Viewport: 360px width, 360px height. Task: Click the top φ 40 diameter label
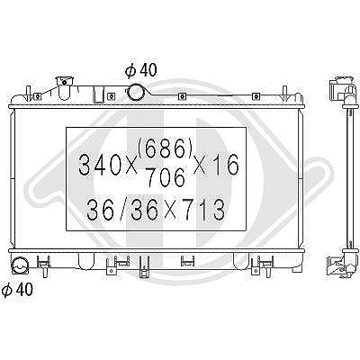tap(140, 70)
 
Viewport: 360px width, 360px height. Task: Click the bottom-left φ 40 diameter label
tap(17, 289)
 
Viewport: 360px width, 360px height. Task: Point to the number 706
tap(165, 176)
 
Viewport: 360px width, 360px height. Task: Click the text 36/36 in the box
tap(122, 209)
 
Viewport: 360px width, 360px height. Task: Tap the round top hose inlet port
tap(135, 92)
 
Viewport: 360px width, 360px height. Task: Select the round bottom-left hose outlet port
tap(20, 265)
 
